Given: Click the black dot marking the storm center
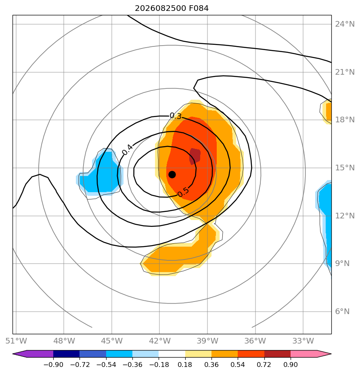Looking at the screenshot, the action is tap(172, 174).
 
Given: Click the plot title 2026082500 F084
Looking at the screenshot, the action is tap(172, 8).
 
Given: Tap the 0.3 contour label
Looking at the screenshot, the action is tap(176, 116).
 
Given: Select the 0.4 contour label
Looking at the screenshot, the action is tap(128, 150).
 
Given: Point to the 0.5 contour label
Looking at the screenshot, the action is tap(183, 192).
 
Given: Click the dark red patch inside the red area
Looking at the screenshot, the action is tap(195, 156).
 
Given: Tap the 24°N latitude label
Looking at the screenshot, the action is tap(345, 24).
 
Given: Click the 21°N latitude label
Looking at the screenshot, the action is tap(345, 72).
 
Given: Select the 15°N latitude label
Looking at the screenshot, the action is tap(345, 168).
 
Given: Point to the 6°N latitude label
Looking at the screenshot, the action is tap(342, 311).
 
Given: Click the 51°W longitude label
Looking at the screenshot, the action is tap(16, 341).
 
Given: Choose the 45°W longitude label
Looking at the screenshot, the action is tap(112, 341).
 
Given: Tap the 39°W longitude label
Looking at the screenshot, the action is tap(207, 341).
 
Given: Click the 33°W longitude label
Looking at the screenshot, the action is tap(303, 341).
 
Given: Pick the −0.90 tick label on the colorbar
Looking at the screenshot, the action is tap(53, 365).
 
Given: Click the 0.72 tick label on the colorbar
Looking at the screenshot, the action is tap(264, 365).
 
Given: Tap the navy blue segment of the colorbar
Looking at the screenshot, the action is tap(66, 354).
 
